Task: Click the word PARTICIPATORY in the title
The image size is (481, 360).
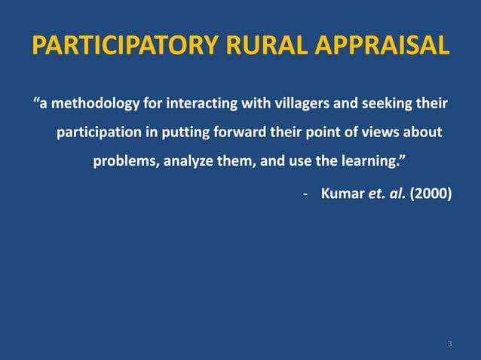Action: (126, 45)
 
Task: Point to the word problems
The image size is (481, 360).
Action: (124, 163)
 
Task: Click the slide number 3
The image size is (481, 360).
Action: (449, 344)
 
